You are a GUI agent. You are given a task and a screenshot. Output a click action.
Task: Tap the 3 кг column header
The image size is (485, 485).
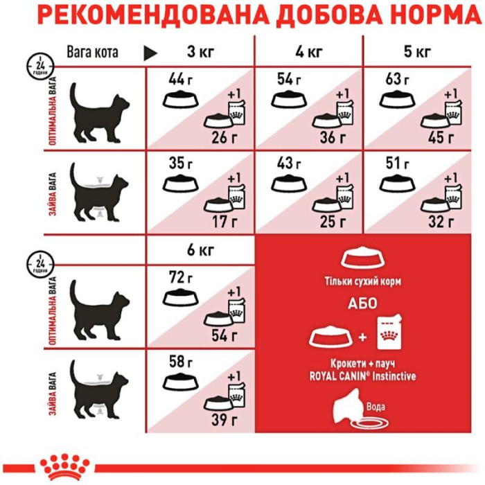coord(200,52)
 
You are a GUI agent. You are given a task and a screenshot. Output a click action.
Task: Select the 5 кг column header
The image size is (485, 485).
coord(417,52)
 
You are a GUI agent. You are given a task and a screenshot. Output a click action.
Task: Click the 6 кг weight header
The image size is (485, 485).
coord(200,250)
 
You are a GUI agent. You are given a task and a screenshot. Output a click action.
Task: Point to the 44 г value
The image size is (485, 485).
coord(181,80)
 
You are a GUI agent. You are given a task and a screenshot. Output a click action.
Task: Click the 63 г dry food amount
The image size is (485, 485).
coord(397,80)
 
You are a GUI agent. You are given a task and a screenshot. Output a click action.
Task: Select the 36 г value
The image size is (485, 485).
coord(333,137)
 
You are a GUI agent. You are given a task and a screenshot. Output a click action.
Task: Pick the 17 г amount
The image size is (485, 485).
coord(224,222)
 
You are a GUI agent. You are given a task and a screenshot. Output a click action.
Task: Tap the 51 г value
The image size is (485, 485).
coord(398,164)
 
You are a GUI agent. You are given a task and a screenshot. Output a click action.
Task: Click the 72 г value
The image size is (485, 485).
coord(181,277)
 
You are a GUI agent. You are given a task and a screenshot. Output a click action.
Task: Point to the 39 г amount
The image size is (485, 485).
coord(224,420)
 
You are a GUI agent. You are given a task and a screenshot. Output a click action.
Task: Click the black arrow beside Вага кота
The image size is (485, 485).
coord(150,53)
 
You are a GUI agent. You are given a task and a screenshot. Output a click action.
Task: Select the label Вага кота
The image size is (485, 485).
coord(92,52)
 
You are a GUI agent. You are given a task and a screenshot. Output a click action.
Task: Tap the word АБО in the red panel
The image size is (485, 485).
coord(362,303)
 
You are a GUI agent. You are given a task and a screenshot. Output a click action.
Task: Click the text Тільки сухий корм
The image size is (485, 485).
coord(363,282)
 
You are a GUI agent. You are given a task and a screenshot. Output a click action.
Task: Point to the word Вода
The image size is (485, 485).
coord(376,406)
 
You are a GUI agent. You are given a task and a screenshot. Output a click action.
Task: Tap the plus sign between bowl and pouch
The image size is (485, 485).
coord(362,337)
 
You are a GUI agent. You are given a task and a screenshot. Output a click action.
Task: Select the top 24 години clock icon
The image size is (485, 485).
coord(40,67)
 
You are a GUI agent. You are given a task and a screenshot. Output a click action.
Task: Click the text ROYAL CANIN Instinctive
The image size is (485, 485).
coord(362,376)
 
